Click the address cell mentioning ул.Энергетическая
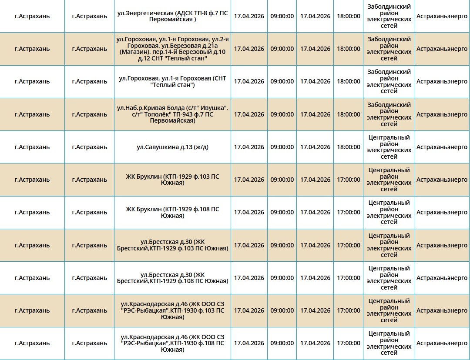(172, 16)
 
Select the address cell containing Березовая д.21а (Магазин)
(172, 49)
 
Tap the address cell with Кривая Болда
(172, 114)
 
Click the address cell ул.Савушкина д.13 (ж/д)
(172, 147)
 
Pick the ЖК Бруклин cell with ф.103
(172, 180)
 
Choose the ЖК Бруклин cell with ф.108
(172, 212)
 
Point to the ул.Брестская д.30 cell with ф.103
(172, 245)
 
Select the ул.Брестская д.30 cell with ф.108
(172, 278)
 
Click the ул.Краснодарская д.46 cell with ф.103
(172, 310)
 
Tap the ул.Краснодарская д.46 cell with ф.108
(172, 343)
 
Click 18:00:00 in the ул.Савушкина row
(348, 147)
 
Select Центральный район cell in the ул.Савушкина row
(389, 147)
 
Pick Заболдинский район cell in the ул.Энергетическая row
(389, 16)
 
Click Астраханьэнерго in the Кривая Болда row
(442, 114)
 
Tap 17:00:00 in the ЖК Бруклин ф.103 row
(348, 180)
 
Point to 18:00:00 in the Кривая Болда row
(348, 114)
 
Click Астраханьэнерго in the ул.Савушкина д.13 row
(442, 147)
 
